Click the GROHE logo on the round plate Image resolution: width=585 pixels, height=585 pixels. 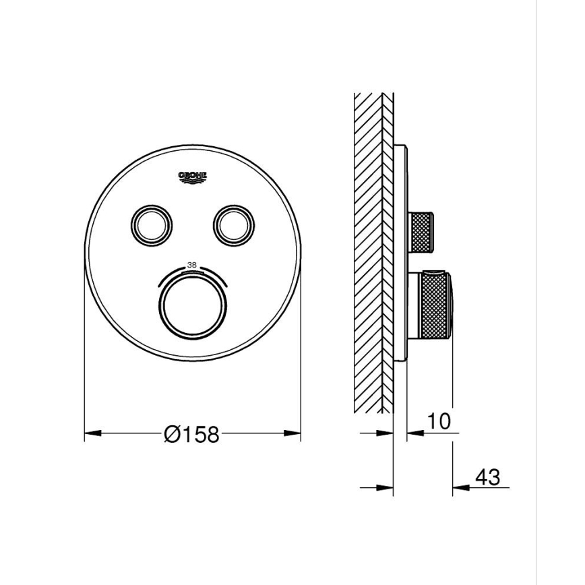[x=192, y=177]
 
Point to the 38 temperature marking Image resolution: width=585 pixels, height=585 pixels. [x=192, y=266]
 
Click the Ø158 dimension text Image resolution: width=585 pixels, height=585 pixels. [x=192, y=435]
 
